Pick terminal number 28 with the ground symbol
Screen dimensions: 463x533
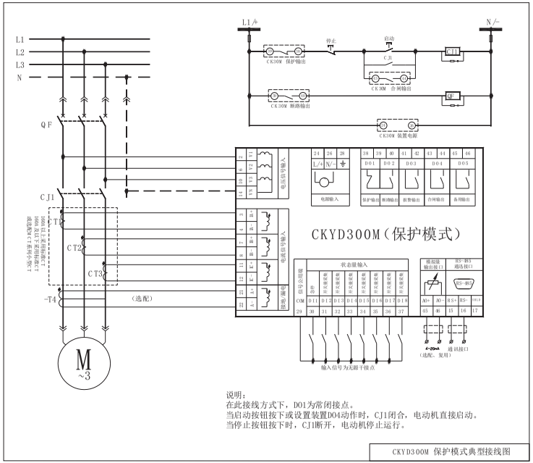[342, 154]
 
